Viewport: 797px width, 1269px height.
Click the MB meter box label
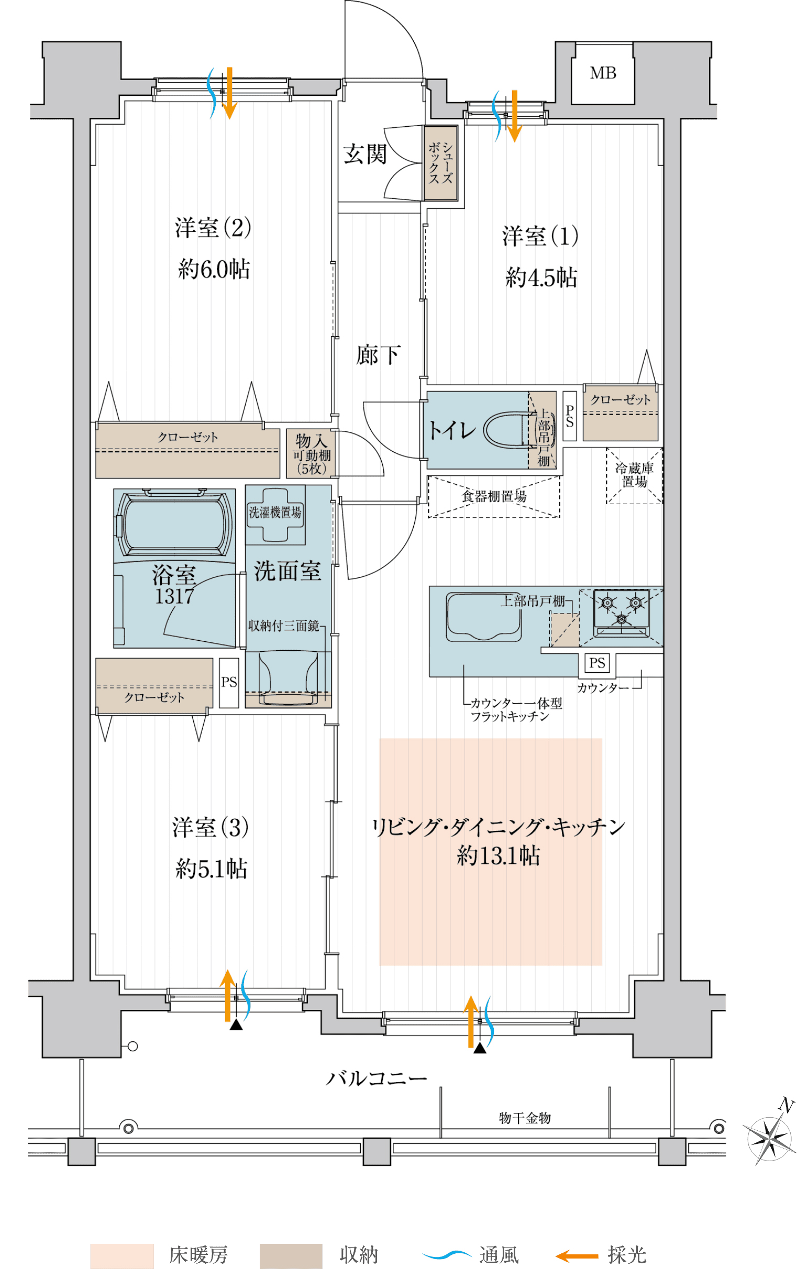click(x=603, y=73)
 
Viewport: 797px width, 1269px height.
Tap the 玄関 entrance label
click(x=366, y=154)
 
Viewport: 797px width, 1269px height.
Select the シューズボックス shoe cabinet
click(x=441, y=163)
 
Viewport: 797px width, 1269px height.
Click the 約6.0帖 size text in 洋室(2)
click(x=214, y=269)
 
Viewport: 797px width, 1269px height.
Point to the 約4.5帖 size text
click(x=541, y=277)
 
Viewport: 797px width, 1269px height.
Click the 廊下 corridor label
click(x=378, y=354)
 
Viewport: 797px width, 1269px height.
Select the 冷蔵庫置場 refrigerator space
click(x=634, y=475)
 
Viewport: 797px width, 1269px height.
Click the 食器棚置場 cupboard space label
click(x=494, y=496)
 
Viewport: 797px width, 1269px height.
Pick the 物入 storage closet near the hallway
click(x=311, y=454)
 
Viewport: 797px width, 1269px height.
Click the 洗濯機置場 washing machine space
click(x=275, y=514)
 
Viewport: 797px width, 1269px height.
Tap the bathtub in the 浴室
click(x=174, y=522)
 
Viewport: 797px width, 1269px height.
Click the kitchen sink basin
click(x=483, y=616)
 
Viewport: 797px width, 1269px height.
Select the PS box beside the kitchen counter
click(x=596, y=662)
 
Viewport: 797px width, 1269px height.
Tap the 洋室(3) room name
click(x=211, y=827)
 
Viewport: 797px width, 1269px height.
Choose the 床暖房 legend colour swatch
click(x=122, y=1256)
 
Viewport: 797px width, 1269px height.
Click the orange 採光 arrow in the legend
click(x=577, y=1256)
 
